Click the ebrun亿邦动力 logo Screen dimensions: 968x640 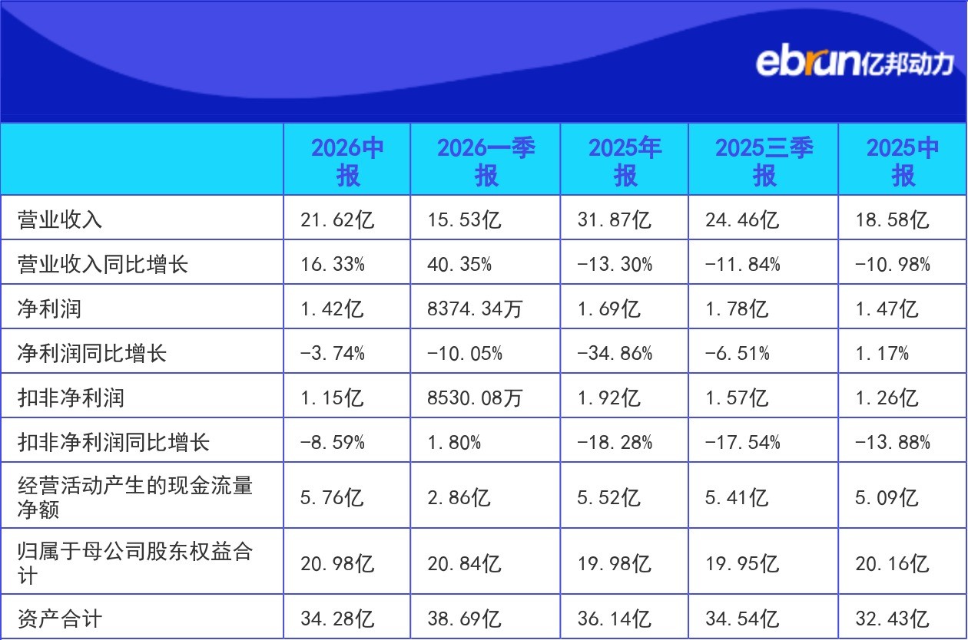point(854,63)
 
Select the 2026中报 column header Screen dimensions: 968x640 point(347,161)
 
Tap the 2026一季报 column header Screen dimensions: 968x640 point(486,161)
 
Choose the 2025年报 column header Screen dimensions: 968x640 point(625,161)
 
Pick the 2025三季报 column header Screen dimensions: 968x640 point(764,161)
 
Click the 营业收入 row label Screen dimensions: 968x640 point(60,219)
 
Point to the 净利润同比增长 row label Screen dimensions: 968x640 point(92,353)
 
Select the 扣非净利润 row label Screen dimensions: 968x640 point(71,398)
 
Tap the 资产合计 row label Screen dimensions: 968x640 point(60,619)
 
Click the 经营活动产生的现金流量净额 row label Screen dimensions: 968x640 point(135,497)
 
